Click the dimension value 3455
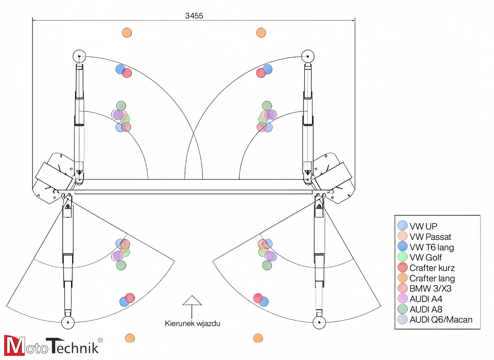click(x=194, y=16)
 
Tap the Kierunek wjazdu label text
click(x=193, y=323)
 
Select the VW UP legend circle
click(x=402, y=225)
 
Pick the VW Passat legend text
click(x=430, y=237)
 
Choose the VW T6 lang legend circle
click(x=402, y=247)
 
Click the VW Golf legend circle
click(x=402, y=257)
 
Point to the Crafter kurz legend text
click(x=432, y=268)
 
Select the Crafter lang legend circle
click(x=402, y=278)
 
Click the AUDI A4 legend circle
click(x=402, y=299)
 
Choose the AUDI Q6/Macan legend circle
click(x=402, y=319)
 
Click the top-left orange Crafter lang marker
click(x=127, y=33)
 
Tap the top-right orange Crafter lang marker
click(x=261, y=33)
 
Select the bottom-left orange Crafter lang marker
click(x=130, y=338)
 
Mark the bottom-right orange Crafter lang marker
click(x=258, y=338)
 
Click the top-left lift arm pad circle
click(x=79, y=56)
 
